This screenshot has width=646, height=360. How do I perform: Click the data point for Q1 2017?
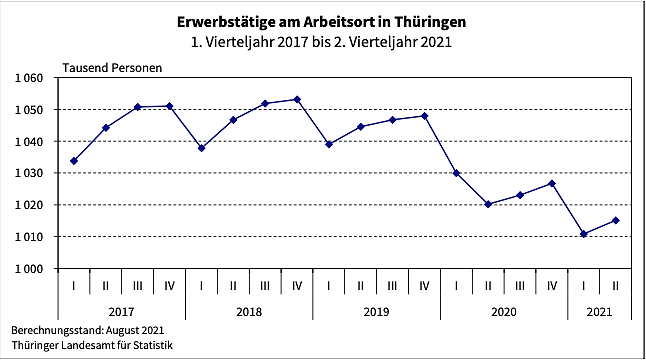tap(74, 161)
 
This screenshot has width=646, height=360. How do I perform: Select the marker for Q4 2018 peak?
tap(297, 99)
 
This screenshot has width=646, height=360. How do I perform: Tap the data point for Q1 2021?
tap(584, 234)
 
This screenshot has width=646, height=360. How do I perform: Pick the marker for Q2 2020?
tap(488, 204)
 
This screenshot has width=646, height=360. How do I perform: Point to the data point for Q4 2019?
tap(425, 116)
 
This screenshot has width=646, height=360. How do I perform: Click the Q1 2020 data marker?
tap(457, 173)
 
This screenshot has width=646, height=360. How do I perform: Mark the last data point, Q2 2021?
tap(615, 220)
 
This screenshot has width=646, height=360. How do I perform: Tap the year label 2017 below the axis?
tap(122, 312)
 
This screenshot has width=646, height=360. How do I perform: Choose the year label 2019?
tap(377, 312)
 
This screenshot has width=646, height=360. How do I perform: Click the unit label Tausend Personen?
tap(112, 68)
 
